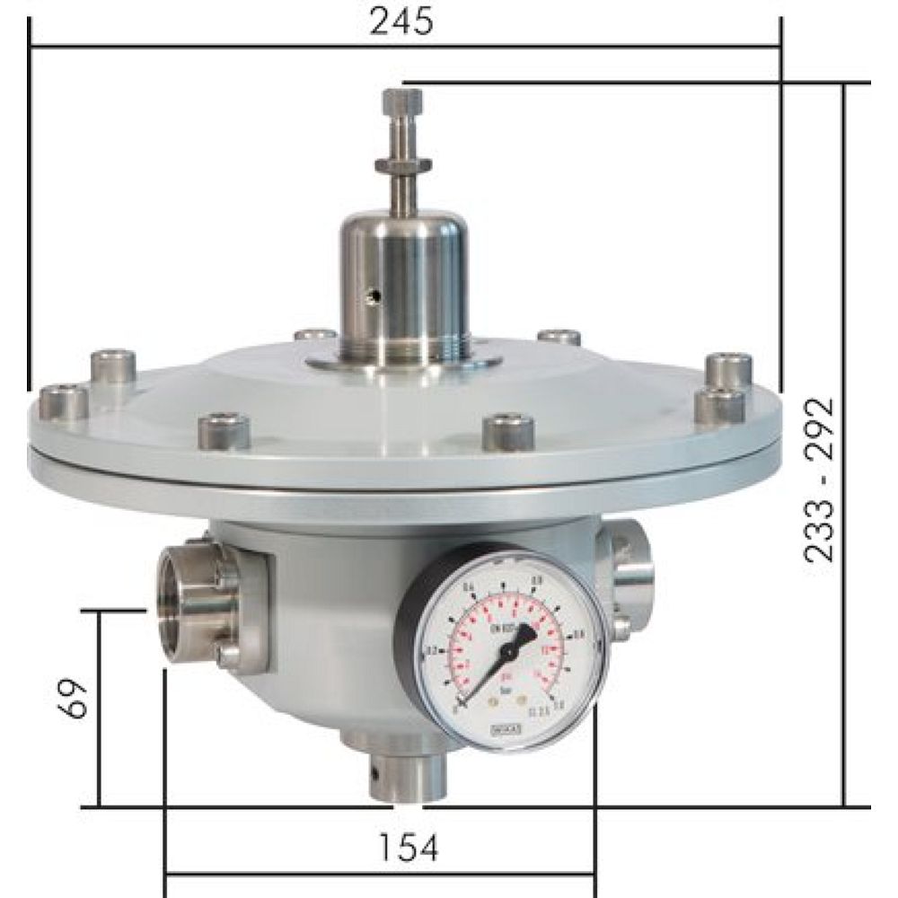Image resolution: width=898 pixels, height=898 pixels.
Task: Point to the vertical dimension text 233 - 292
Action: pos(820,480)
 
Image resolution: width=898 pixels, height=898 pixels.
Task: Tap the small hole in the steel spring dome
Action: pos(378,294)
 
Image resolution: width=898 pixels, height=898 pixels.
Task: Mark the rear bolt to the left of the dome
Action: pos(315,336)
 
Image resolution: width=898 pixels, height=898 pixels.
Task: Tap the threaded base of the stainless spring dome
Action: pos(402,345)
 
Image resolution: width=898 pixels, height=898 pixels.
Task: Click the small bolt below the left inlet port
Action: pos(230,655)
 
